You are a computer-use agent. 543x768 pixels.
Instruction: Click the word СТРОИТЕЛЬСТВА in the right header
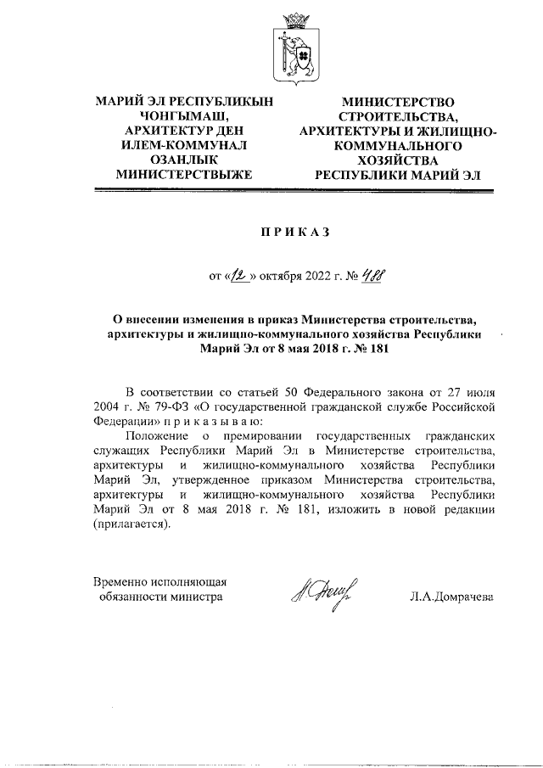[x=397, y=115]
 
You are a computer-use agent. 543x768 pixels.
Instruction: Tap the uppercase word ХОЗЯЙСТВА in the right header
[x=397, y=160]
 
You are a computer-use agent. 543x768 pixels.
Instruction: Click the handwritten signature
[x=323, y=591]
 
